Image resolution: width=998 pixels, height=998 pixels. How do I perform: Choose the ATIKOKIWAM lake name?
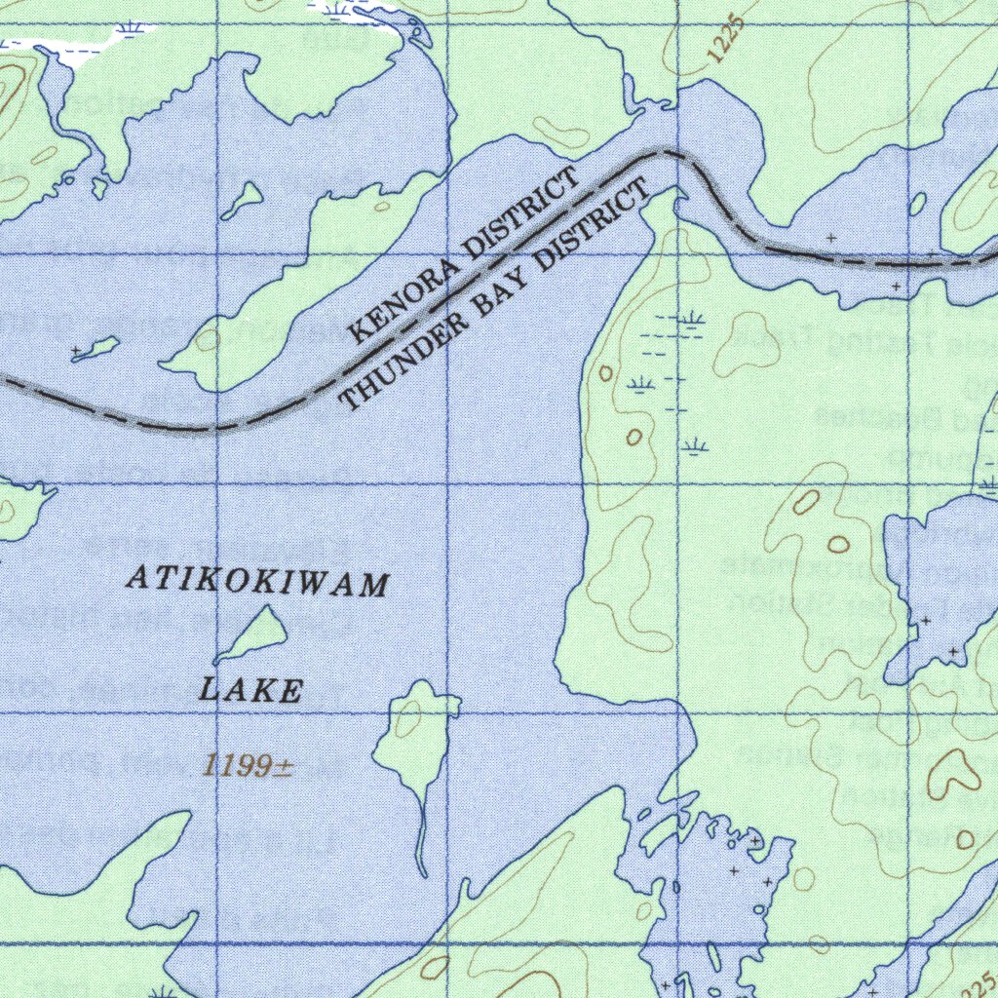pos(258,583)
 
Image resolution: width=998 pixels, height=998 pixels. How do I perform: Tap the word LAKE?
pos(250,690)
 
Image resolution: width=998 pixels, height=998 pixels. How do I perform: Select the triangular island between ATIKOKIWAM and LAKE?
pos(255,633)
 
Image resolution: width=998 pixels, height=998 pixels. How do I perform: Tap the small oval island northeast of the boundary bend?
pos(917,204)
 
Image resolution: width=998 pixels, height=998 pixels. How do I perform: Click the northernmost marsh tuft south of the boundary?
pos(692,319)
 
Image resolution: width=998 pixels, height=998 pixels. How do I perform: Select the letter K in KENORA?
pos(358,334)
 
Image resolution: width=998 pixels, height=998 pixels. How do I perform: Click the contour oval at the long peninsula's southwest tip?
pos(207,340)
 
